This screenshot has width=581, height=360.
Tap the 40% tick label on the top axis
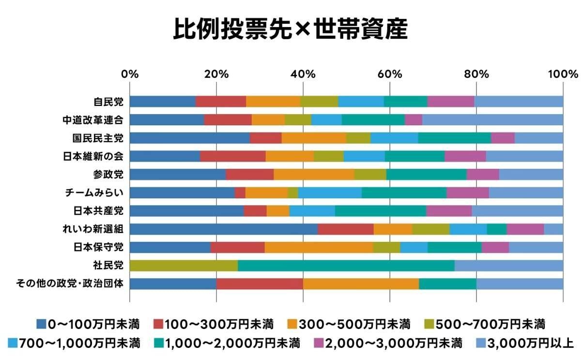point(303,75)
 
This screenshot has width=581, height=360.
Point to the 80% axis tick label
point(476,75)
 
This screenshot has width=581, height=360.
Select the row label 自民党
point(108,102)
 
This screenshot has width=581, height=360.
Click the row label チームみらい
point(94,193)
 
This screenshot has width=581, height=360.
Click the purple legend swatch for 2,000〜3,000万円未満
point(319,344)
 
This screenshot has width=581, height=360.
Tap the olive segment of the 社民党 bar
point(184,265)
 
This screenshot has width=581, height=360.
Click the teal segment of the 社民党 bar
point(346,265)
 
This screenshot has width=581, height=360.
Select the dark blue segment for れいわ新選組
point(224,229)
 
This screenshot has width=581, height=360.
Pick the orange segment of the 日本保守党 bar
point(319,247)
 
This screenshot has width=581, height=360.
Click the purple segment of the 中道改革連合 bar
point(413,120)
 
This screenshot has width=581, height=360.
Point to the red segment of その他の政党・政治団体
point(260,283)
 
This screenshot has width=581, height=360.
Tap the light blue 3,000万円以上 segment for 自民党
point(519,102)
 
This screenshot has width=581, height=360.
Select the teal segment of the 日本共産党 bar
point(381,211)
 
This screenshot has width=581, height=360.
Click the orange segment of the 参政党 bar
point(314,174)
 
